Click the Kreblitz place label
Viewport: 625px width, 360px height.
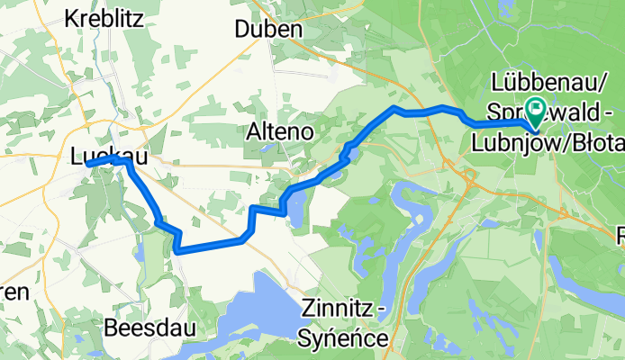coord(104,18)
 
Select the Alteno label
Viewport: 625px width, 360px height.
coord(279,131)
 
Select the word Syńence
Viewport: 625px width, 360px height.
coord(347,339)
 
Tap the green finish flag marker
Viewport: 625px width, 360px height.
coord(537,112)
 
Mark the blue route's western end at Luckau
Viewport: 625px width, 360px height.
coord(86,164)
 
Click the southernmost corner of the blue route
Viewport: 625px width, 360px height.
coord(177,252)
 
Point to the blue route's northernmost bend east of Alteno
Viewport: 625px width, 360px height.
coord(394,108)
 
